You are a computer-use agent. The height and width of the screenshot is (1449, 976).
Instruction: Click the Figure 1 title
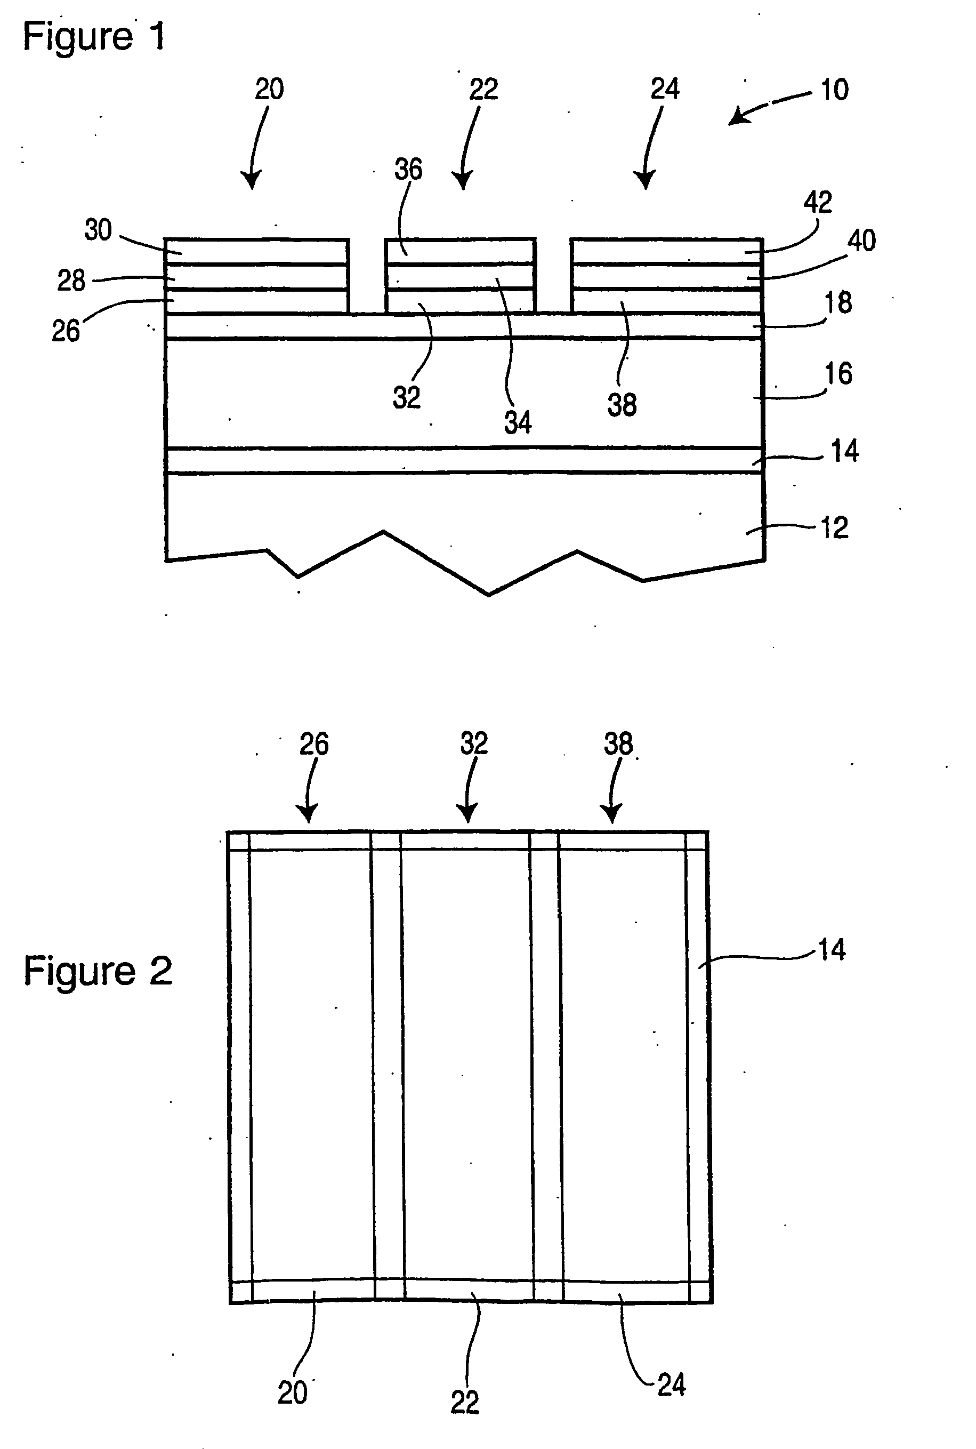point(94,36)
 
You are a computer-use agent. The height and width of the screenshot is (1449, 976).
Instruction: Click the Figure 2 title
point(98,971)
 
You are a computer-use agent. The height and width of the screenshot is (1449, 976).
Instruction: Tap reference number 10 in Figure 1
point(834,90)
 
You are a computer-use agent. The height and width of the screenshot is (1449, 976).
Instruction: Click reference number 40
point(861,241)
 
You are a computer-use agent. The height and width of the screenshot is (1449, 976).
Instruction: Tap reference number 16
point(838,374)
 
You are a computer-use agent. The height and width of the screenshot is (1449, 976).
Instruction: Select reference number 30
point(98,230)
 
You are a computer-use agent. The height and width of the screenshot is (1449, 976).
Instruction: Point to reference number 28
point(71,281)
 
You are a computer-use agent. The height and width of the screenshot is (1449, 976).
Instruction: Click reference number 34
point(518,423)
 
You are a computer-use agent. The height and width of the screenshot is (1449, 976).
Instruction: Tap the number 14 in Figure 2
point(831,950)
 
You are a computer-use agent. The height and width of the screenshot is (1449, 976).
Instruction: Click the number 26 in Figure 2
point(314,743)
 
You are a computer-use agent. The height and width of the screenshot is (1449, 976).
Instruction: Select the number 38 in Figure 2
point(618,743)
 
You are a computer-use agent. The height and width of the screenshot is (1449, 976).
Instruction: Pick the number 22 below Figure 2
point(465,1402)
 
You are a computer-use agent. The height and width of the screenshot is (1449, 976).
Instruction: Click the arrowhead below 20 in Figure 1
point(252,181)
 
